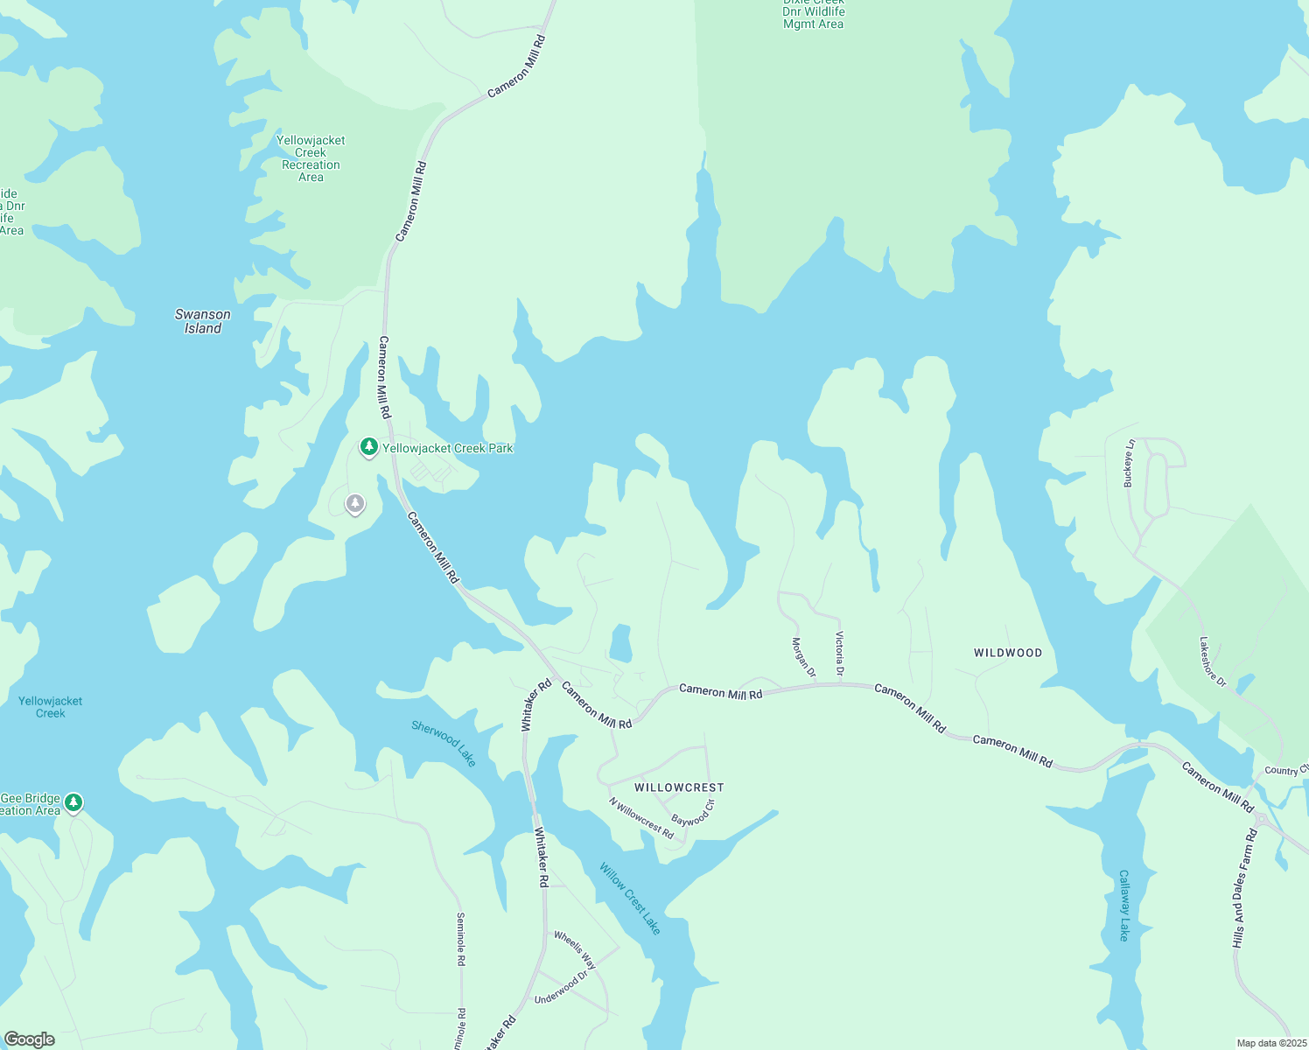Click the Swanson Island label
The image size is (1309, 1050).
click(203, 321)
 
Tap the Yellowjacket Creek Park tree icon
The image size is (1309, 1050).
click(369, 448)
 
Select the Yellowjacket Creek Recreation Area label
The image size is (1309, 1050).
click(311, 158)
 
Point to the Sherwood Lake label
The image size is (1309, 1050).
click(444, 744)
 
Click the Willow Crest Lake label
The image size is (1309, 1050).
click(630, 899)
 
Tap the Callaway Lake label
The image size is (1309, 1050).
click(1124, 906)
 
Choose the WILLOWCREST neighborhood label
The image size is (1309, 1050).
click(679, 787)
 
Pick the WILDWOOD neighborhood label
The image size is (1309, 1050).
click(1008, 653)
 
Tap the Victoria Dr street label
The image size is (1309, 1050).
click(840, 654)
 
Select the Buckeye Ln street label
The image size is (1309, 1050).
click(1130, 463)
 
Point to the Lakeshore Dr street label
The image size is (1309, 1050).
click(1213, 661)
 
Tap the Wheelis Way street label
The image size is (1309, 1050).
click(575, 950)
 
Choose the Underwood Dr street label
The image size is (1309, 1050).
click(561, 988)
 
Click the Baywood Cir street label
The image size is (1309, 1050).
click(693, 813)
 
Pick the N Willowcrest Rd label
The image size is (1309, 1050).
click(641, 819)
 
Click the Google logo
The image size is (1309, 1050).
click(30, 1039)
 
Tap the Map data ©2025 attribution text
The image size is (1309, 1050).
click(1270, 1043)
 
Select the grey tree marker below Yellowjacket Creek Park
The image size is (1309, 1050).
click(354, 504)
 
